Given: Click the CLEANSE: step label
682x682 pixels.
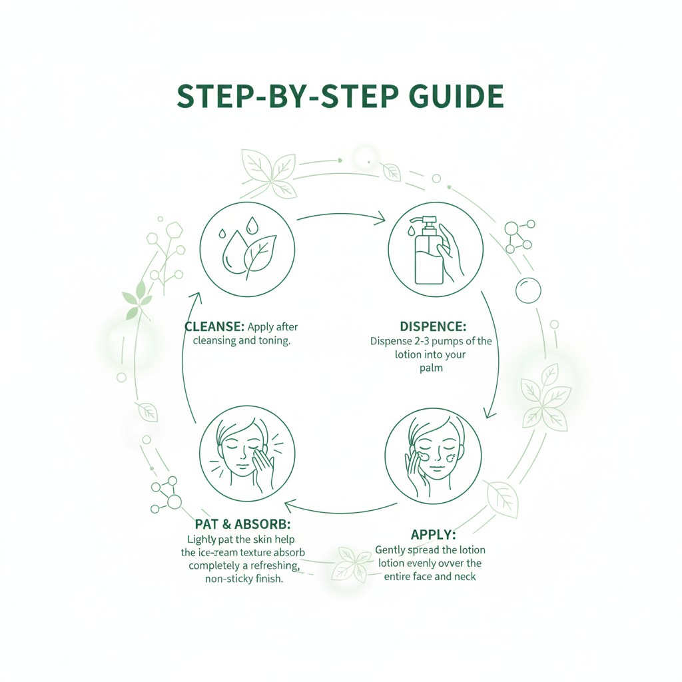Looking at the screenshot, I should pyautogui.click(x=213, y=327).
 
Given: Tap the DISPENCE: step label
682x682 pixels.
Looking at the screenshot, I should pyautogui.click(x=433, y=326).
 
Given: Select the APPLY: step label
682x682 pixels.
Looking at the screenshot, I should pyautogui.click(x=433, y=534).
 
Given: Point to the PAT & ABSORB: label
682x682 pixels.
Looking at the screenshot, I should pyautogui.click(x=242, y=523).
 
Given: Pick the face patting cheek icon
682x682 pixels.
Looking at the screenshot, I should pyautogui.click(x=247, y=456).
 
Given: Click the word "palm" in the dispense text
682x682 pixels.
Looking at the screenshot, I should pyautogui.click(x=432, y=368).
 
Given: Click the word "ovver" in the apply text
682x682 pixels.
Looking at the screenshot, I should pyautogui.click(x=465, y=563).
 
